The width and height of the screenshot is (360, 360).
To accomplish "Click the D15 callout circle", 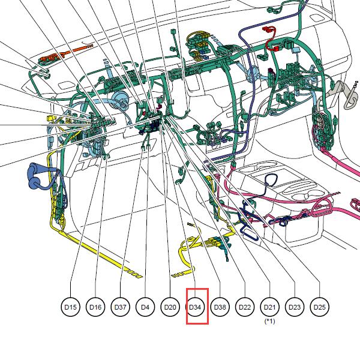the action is pos(70,307).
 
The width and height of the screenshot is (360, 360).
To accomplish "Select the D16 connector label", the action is pos(95,307).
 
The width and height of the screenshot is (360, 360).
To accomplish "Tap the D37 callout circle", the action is pos(121,307).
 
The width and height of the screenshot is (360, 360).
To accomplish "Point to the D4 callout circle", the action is pos(145,307).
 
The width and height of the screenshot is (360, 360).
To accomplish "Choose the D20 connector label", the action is pos(170,307).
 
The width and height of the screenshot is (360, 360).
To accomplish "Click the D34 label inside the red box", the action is pos(195,307).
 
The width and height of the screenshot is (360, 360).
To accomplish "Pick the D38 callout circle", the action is pos(220,307).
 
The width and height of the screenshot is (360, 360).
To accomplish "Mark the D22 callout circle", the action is pos(245,307).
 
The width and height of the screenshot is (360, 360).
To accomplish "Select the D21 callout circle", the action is pos(270,307).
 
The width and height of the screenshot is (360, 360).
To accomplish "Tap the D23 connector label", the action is pos(295,307).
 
